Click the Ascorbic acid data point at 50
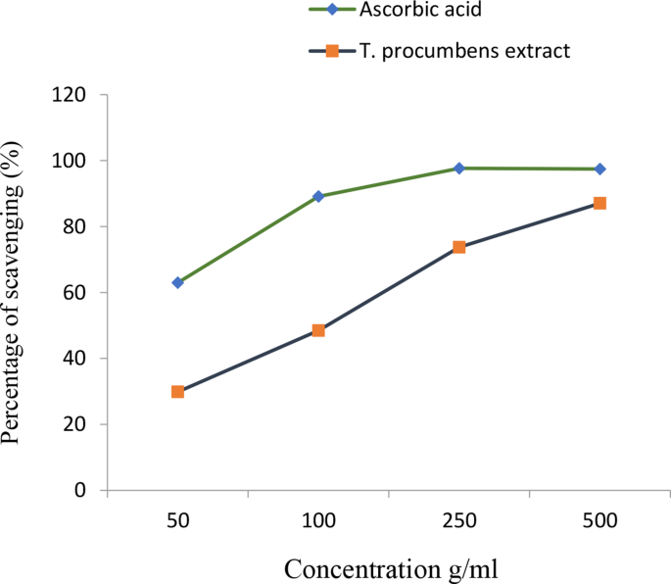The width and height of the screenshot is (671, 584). pos(177,282)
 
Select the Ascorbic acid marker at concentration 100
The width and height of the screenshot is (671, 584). pos(318,196)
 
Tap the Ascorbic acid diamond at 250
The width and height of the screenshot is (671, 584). pos(459,169)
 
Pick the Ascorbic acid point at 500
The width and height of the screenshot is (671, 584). pos(599,170)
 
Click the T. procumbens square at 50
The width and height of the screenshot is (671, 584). pos(177,391)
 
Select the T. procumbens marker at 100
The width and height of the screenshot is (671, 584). pos(318,330)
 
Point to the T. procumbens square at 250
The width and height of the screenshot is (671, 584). pos(459,247)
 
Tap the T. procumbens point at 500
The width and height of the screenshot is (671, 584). pos(599,203)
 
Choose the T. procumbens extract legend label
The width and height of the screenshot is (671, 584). pos(464,51)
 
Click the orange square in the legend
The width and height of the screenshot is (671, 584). pos(332,51)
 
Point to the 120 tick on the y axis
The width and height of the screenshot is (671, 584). pos(72,95)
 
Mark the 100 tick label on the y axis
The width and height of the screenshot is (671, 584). pos(72,161)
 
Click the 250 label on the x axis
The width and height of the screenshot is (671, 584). pos(459,521)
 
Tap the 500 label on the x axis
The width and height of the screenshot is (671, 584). pos(599,521)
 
